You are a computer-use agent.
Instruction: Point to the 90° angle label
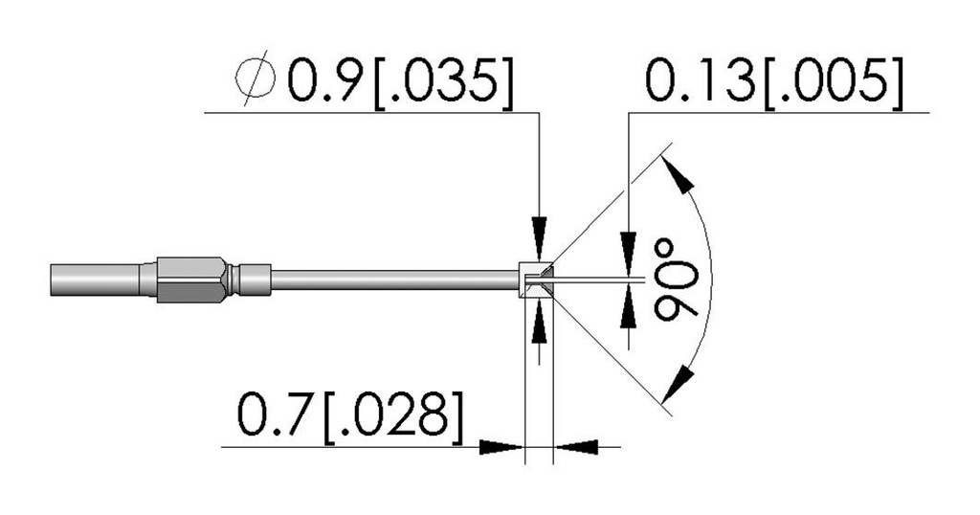pyautogui.click(x=677, y=278)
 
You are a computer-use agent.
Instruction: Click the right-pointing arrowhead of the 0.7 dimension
pyautogui.click(x=501, y=447)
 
